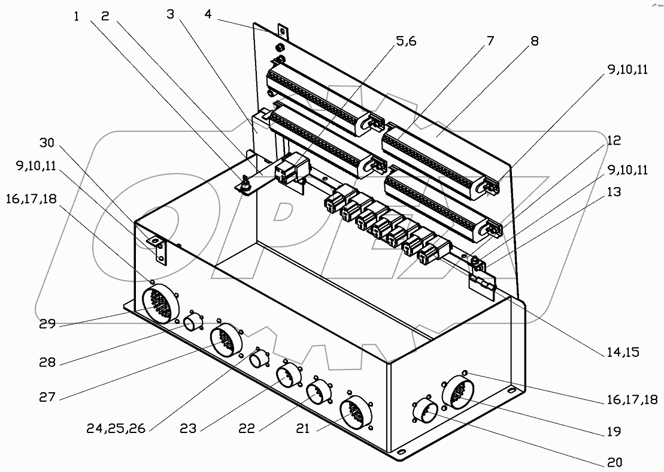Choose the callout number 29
click(47, 324)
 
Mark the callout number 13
click(614, 192)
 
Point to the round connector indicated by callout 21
click(354, 413)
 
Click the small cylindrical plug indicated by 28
click(193, 324)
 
